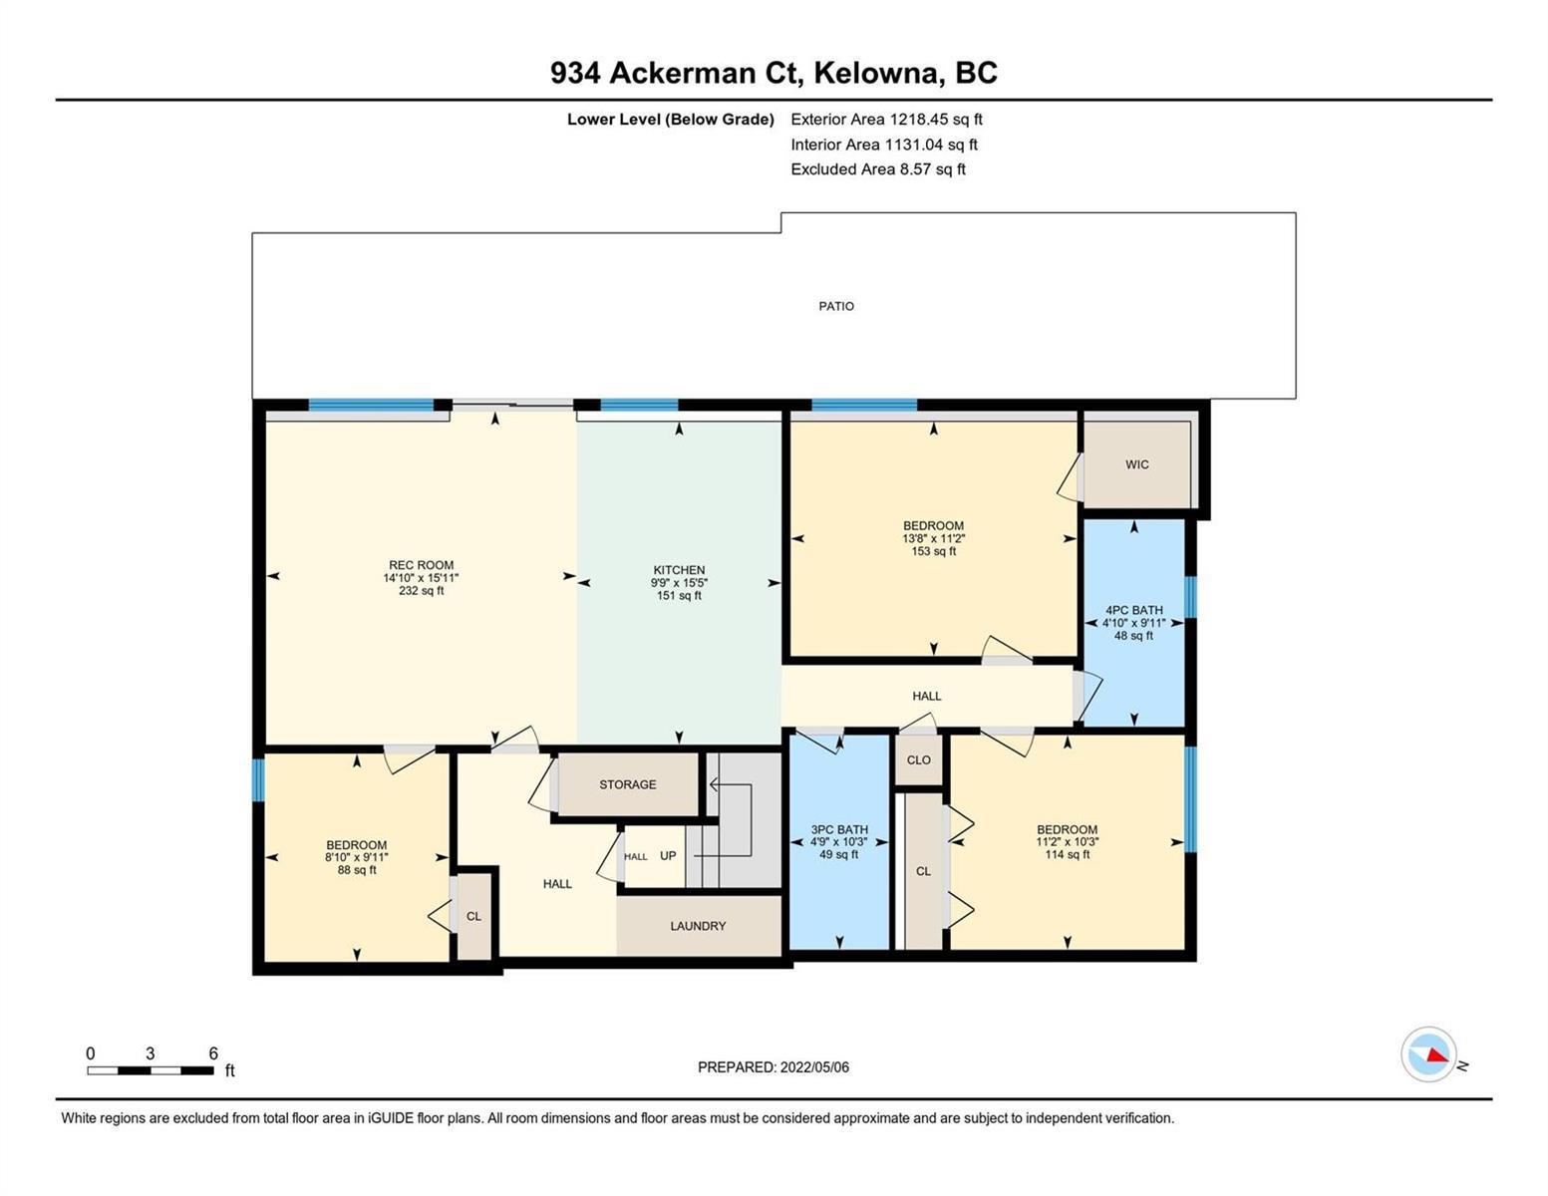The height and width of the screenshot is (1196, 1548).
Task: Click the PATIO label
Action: [x=835, y=306]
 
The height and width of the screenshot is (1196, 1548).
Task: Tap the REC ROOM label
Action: [x=421, y=565]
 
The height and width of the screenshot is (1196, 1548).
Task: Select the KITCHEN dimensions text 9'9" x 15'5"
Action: [x=679, y=583]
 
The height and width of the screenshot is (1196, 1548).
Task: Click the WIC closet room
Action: [x=1137, y=464]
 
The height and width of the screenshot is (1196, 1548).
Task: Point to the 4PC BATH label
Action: [x=1134, y=610]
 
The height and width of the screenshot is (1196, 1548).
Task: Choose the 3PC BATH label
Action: [x=839, y=829]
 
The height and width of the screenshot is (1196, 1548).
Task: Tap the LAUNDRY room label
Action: [x=698, y=926]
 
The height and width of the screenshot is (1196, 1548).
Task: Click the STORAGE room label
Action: [x=628, y=784]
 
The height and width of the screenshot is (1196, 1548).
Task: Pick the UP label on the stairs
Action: [x=668, y=855]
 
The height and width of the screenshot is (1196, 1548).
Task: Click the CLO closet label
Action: [x=918, y=760]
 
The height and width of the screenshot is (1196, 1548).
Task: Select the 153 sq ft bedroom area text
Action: [x=933, y=551]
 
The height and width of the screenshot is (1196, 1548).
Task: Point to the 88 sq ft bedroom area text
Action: [x=357, y=870]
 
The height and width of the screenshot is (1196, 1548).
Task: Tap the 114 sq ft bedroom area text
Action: [x=1068, y=854]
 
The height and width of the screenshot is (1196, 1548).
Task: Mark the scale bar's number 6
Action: [x=213, y=1053]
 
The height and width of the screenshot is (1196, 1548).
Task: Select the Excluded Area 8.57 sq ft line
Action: [x=877, y=169]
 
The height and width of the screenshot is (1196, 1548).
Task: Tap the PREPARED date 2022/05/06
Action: [x=814, y=1067]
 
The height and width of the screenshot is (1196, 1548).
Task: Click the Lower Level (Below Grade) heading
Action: [x=671, y=120]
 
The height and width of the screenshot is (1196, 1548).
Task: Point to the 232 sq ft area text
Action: [x=421, y=590]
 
